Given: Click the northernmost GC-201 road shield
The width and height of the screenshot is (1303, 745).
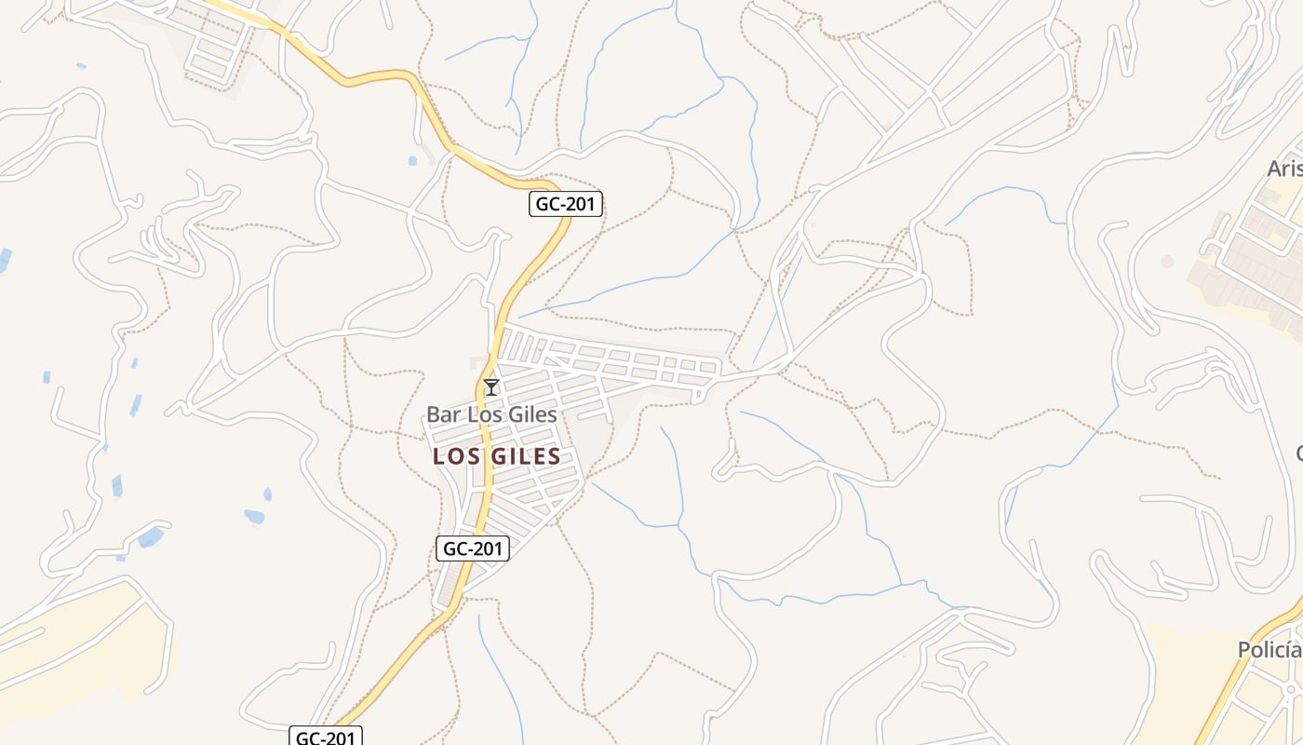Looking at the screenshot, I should (566, 204).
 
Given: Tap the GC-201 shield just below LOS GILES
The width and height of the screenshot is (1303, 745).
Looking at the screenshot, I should (473, 549).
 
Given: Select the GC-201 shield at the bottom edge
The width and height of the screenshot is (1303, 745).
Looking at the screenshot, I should (325, 738).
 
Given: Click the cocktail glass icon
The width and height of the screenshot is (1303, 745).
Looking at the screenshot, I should (491, 387).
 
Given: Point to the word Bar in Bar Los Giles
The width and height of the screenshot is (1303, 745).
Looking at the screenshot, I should (444, 414).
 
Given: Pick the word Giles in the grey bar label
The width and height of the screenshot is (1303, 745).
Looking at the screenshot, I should (531, 414).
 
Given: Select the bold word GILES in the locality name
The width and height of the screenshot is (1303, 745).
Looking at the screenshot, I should (526, 456).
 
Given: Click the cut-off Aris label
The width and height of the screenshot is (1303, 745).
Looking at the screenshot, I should (1285, 169).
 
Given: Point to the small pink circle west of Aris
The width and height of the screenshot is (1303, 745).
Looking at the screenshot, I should (1167, 262).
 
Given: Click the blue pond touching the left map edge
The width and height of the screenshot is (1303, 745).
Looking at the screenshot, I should (5, 260).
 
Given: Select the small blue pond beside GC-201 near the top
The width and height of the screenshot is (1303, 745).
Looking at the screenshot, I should (412, 160).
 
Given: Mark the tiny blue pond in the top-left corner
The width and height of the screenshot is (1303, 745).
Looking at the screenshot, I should (81, 66).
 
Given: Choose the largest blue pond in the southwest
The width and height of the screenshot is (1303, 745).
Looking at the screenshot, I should (150, 537).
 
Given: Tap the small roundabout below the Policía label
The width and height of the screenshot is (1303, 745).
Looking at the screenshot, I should (1292, 690).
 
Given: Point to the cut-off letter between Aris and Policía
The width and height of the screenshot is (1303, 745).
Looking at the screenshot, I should (1299, 454).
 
